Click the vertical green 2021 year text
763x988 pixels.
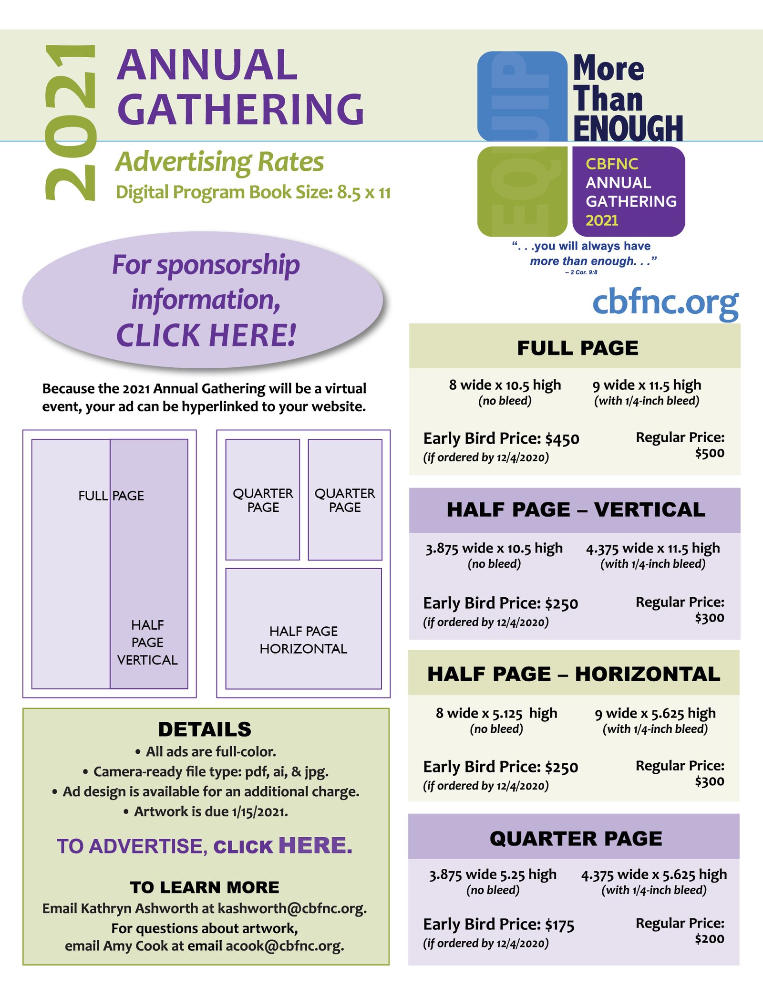[x=71, y=123]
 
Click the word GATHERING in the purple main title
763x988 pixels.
[x=241, y=109]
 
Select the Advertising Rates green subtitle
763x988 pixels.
[x=220, y=162]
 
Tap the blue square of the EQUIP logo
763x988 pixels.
[x=522, y=96]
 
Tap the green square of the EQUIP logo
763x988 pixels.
[x=522, y=191]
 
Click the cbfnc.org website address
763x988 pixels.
[x=666, y=303]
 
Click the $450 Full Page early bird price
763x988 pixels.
[x=562, y=439]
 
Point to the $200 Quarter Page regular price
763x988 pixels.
[x=710, y=939]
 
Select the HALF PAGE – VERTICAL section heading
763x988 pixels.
[x=576, y=510]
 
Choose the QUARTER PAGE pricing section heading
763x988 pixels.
[x=576, y=839]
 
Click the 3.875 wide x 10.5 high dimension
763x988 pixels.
[x=494, y=548]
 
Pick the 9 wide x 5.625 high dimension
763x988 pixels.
[x=655, y=713]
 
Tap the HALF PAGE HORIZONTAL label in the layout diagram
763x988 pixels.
[x=303, y=640]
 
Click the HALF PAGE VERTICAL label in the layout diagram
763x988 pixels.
[x=147, y=642]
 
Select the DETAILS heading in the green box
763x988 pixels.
[x=205, y=729]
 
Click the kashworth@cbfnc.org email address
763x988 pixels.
[x=292, y=908]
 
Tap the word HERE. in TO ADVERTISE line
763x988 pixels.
[x=316, y=845]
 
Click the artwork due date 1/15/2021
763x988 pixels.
[x=260, y=811]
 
